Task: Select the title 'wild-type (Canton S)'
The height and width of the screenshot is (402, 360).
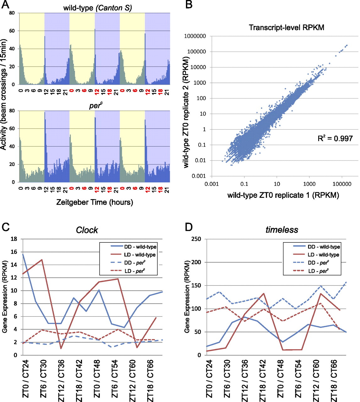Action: click(x=97, y=8)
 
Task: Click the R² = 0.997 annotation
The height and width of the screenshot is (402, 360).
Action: click(x=335, y=138)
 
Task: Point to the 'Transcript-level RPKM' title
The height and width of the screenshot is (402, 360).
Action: click(x=286, y=28)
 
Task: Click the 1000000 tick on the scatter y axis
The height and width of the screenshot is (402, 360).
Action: click(x=195, y=36)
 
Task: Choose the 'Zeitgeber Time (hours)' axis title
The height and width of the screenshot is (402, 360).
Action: click(x=95, y=202)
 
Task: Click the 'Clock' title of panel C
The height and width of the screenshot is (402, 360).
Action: click(x=87, y=230)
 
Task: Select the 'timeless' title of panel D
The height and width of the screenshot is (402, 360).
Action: click(x=282, y=230)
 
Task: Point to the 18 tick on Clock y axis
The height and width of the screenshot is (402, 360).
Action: click(x=14, y=239)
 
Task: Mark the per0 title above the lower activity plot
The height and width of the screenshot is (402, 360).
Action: click(x=95, y=106)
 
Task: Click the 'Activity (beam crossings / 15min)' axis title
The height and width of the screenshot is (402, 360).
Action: click(x=4, y=94)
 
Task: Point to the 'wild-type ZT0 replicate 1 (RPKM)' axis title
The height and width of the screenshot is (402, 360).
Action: click(x=283, y=195)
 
